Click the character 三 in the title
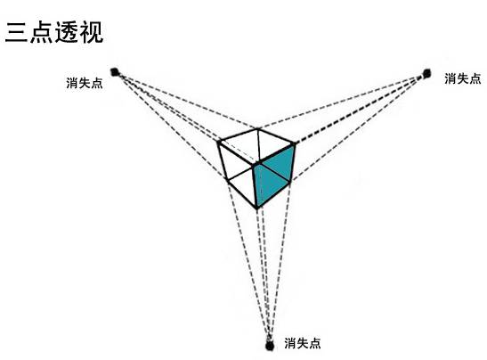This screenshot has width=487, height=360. tap(16, 32)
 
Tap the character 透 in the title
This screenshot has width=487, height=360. tap(67, 32)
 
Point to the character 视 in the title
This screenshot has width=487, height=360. tap(92, 32)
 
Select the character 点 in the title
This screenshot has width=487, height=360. tap(41, 32)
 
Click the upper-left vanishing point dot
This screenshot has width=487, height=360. tap(115, 72)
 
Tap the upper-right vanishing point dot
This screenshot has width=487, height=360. tap(427, 74)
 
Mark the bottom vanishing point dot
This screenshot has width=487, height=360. tap(270, 346)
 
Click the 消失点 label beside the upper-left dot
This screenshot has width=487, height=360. tap(85, 83)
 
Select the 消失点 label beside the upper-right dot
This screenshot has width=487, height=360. tap(462, 78)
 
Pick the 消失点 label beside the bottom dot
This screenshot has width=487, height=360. tap(302, 343)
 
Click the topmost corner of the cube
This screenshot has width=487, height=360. tap(258, 128)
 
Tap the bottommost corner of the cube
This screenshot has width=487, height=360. tap(257, 208)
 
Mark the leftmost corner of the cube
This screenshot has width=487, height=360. tap(219, 142)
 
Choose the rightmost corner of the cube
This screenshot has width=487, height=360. tap(295, 143)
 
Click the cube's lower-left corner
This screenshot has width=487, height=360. tap(228, 180)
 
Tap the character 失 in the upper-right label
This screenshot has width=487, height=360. tap(462, 78)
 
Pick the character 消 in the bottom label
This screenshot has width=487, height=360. tap(290, 343)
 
